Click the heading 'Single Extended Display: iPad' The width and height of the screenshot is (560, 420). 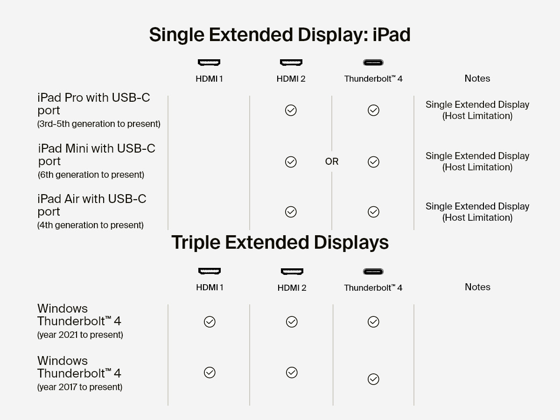280,35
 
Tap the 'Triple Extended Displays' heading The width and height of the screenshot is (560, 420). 280,243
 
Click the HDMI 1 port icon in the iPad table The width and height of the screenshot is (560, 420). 209,63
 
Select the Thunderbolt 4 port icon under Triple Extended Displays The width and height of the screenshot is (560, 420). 373,272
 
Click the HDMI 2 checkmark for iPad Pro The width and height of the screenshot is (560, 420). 291,111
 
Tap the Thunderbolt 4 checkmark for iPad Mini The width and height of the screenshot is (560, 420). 373,162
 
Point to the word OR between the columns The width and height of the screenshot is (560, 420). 332,161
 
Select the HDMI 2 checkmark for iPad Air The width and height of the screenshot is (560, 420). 291,212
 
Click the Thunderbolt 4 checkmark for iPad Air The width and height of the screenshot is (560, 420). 373,212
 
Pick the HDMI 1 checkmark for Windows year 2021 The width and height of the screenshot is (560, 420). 210,322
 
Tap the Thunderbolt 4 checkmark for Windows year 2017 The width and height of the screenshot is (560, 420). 373,379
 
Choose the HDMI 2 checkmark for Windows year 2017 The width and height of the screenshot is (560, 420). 292,372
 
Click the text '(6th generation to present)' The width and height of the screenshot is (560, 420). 91,175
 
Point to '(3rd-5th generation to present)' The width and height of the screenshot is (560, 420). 99,124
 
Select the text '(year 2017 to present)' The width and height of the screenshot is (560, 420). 80,387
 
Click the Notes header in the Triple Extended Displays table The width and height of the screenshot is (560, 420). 477,287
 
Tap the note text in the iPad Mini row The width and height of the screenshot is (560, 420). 477,161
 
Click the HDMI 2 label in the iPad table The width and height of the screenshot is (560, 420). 291,79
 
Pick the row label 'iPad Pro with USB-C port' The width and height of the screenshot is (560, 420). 93,104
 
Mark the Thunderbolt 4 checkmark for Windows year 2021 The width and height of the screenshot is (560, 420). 373,322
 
